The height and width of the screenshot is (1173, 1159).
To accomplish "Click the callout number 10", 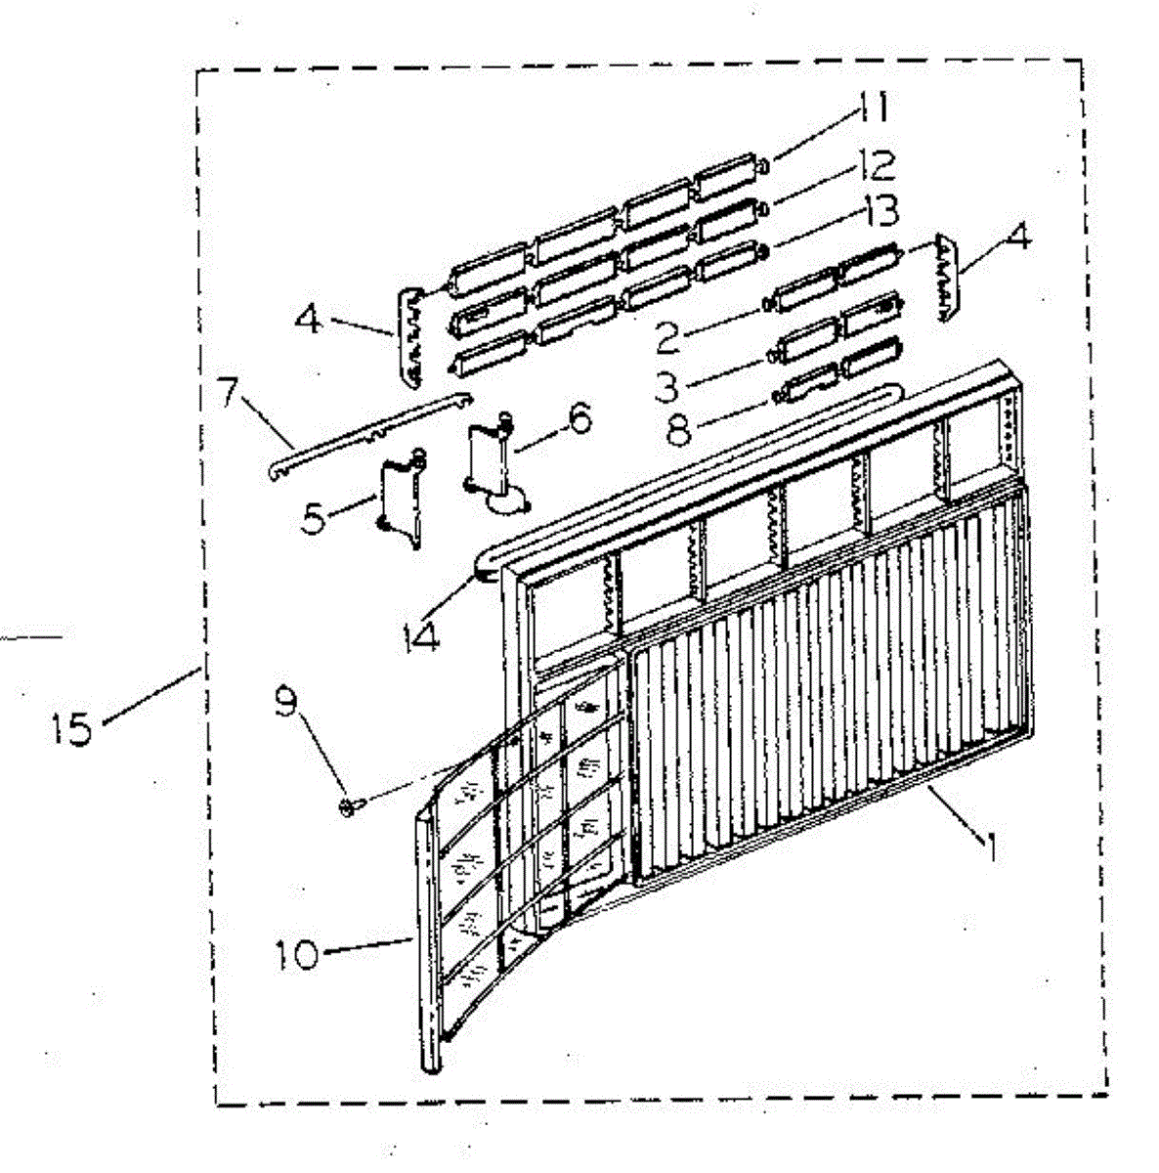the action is tap(294, 954).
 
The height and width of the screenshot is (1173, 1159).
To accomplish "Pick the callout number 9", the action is tap(286, 704).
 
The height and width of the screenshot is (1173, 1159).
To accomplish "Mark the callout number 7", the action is tap(226, 394).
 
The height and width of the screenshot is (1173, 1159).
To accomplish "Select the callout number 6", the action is tap(578, 420).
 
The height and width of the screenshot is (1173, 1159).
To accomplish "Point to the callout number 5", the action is tap(313, 519).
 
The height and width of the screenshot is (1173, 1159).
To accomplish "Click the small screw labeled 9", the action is tap(350, 805).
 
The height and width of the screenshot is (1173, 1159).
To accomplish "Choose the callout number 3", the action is tap(666, 385).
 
